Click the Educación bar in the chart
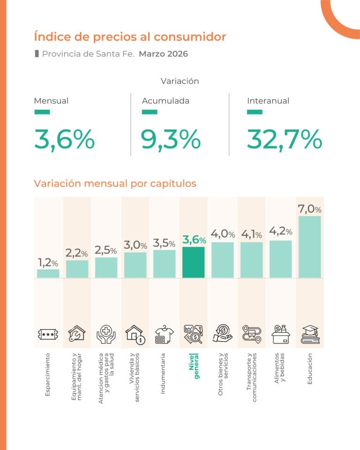[x=309, y=247]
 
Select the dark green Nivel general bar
[x=194, y=262]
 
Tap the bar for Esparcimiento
[x=48, y=273]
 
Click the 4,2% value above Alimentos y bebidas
[x=280, y=231]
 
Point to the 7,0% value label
[x=309, y=209]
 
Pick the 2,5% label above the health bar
[x=106, y=249]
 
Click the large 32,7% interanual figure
[x=284, y=139]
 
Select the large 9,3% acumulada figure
[x=171, y=139]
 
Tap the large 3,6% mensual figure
[x=64, y=139]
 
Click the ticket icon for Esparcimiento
[x=48, y=335]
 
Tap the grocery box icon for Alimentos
[x=280, y=334]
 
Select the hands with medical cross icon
[x=106, y=335]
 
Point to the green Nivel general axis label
[x=194, y=366]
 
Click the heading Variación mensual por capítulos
[x=115, y=183]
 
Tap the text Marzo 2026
[x=163, y=54]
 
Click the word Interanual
[x=268, y=100]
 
